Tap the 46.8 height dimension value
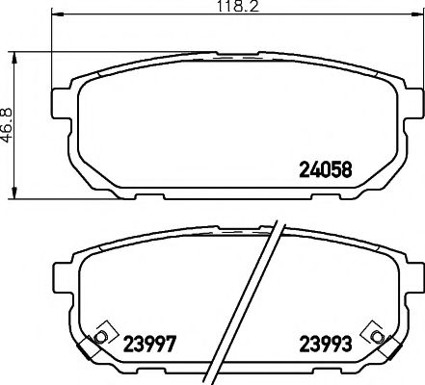(8, 124)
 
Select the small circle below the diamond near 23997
(98, 338)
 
